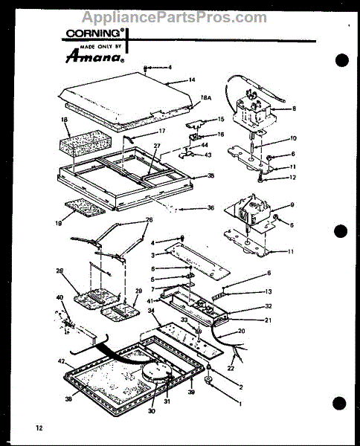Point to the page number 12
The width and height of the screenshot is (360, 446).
click(39, 428)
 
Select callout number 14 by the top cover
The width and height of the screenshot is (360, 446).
click(191, 80)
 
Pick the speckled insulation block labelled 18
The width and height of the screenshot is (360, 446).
click(83, 141)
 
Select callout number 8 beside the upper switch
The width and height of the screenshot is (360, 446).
click(293, 109)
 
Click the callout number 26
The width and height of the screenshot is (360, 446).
click(148, 220)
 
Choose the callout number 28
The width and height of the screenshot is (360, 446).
click(60, 271)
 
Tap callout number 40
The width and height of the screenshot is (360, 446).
click(60, 298)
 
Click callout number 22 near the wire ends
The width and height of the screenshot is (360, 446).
click(230, 368)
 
